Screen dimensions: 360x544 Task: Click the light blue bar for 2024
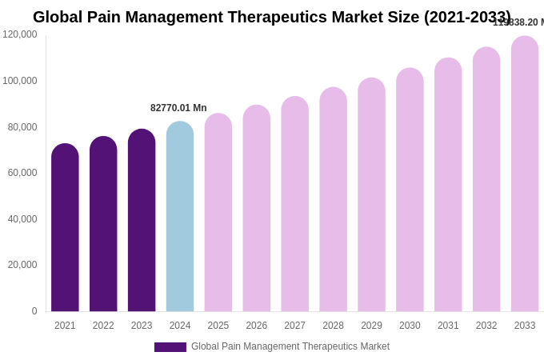[180, 217]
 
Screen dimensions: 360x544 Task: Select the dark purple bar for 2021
[65, 228]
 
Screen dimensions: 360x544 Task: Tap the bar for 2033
[525, 174]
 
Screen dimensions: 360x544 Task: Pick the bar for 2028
[333, 200]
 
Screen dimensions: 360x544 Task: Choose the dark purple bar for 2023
[142, 221]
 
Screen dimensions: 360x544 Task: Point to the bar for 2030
[410, 190]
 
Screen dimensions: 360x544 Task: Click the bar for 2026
[257, 209]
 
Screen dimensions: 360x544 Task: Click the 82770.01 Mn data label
[178, 108]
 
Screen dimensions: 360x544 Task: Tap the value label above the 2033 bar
[518, 22]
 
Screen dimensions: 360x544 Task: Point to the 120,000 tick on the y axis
[20, 34]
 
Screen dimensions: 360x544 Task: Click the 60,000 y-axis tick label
[20, 173]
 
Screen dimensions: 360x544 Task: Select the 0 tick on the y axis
[34, 311]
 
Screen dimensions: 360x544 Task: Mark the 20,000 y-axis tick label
[20, 265]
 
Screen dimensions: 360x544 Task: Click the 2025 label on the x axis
[218, 326]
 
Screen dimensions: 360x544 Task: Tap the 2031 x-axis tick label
[448, 326]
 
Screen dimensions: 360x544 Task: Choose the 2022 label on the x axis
[103, 326]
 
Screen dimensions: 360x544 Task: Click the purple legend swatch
[170, 347]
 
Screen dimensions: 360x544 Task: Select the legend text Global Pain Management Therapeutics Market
[290, 346]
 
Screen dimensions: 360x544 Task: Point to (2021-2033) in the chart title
[467, 17]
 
